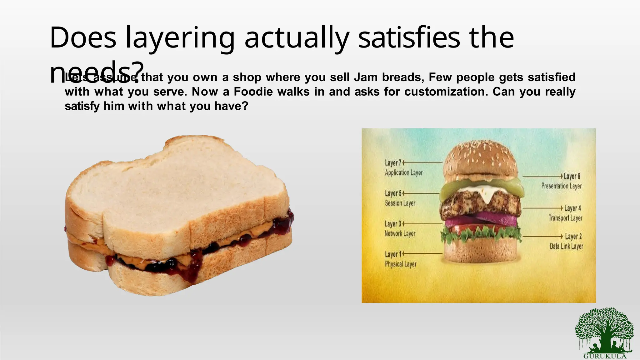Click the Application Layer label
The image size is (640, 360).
403,172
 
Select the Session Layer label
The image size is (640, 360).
400,203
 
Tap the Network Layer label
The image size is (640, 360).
400,234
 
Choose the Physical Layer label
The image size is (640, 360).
401,264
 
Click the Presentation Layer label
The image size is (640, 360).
561,186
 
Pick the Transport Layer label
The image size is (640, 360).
565,218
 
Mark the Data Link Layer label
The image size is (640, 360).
566,246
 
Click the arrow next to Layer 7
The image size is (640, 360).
422,163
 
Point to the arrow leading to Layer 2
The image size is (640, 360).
542,236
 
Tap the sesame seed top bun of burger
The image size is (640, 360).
481,159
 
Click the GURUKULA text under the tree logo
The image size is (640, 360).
605,356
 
